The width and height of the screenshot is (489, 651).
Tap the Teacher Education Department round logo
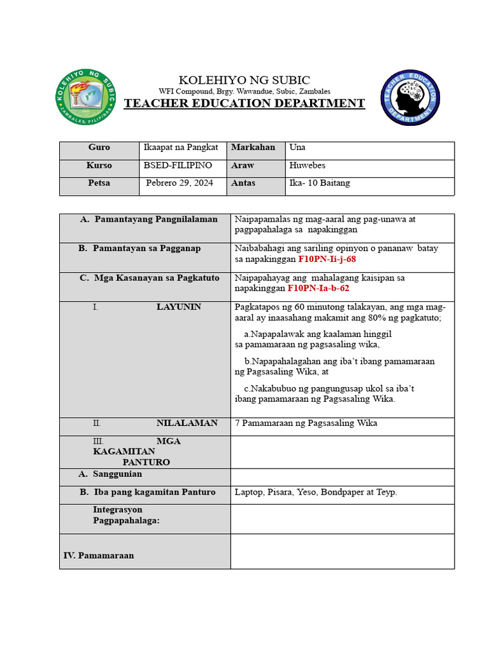point(410,98)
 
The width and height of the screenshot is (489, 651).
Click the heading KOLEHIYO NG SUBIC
point(244,79)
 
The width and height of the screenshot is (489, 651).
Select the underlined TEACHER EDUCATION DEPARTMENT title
point(244,104)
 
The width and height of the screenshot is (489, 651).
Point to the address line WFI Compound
point(244,91)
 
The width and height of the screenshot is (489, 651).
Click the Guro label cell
point(99,147)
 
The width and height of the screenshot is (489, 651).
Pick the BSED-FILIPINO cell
point(178,165)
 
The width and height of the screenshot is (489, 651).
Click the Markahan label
point(253,147)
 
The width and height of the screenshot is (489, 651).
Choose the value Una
point(297,147)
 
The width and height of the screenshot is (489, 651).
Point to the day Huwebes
point(307,165)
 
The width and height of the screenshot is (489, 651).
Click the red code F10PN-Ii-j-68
point(327,259)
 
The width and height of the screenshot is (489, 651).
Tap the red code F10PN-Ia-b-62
point(318,288)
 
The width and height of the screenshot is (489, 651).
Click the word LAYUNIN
point(178,307)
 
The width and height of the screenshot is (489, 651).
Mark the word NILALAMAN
point(187,423)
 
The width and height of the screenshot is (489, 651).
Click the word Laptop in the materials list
point(248,492)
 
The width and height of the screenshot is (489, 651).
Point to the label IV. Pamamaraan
point(99,556)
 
